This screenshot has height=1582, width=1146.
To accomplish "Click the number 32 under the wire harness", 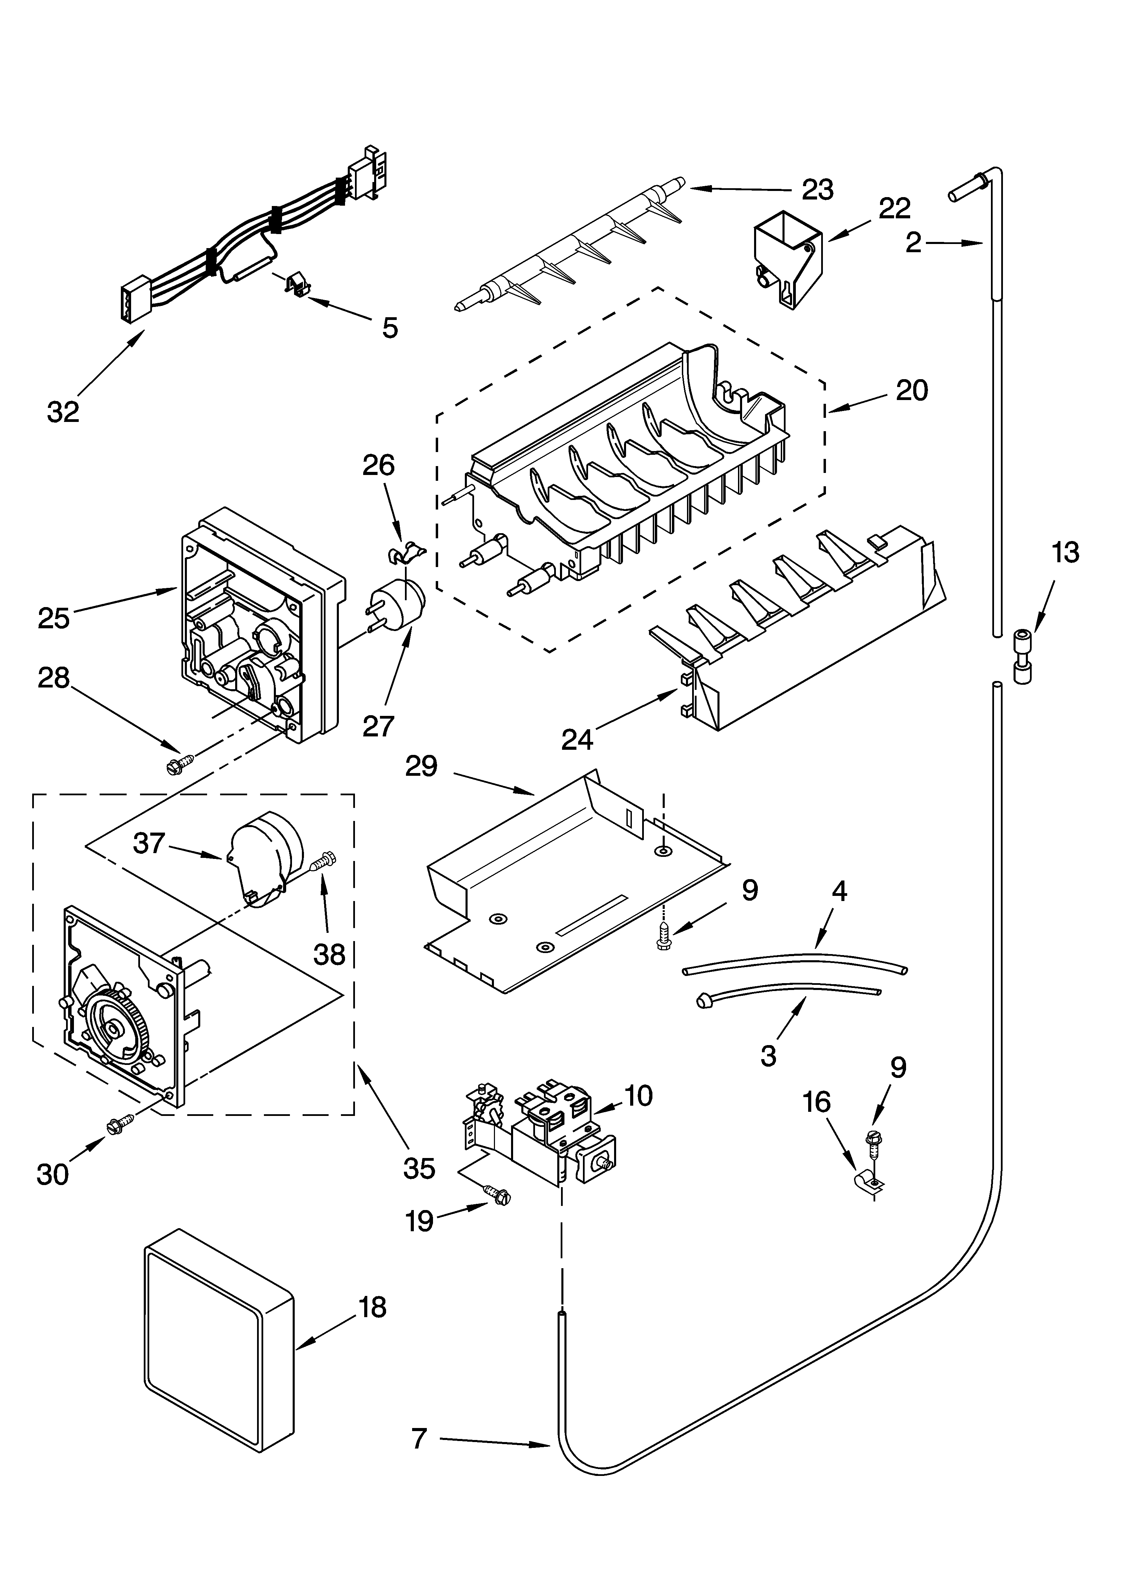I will pos(64,412).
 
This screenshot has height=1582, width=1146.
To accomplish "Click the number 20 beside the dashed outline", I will pos(912,390).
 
